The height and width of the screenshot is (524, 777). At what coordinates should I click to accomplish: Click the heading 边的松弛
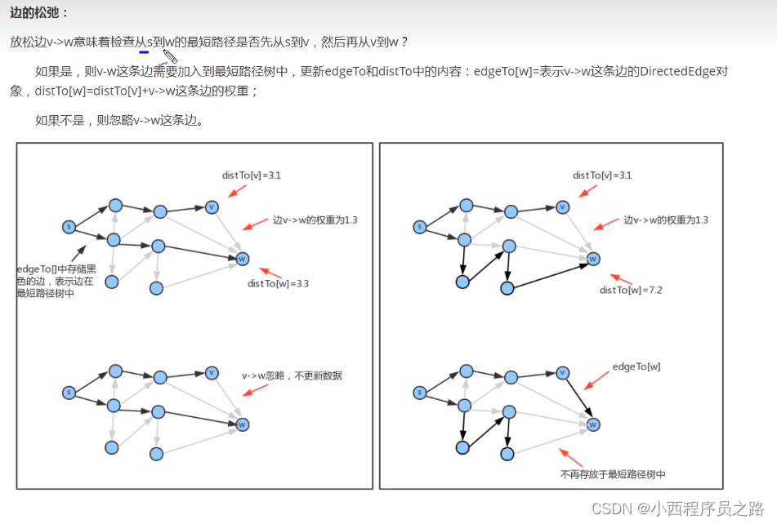coord(39,14)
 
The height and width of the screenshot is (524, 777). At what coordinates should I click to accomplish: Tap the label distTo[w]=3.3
coord(278,284)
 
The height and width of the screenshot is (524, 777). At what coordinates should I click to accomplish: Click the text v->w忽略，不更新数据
coord(292,376)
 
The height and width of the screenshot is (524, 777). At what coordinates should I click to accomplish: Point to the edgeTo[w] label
coord(636,366)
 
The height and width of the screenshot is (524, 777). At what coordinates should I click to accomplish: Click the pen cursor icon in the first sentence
coord(169,57)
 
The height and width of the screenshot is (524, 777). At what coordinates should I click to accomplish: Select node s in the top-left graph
coord(69,226)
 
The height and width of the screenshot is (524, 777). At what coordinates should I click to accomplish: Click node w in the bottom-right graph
coord(594,424)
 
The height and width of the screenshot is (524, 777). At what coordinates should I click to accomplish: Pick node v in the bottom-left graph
coord(212,373)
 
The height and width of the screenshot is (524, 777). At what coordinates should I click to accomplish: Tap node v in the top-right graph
coord(562,207)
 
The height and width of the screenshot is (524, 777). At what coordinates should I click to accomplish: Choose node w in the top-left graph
coord(242,260)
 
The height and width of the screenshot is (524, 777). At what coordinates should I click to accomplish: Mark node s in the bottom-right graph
coord(420,393)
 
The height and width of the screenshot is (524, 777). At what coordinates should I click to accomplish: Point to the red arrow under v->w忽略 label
coord(255,390)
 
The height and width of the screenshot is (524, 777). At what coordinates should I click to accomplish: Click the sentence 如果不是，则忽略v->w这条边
coord(119,121)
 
